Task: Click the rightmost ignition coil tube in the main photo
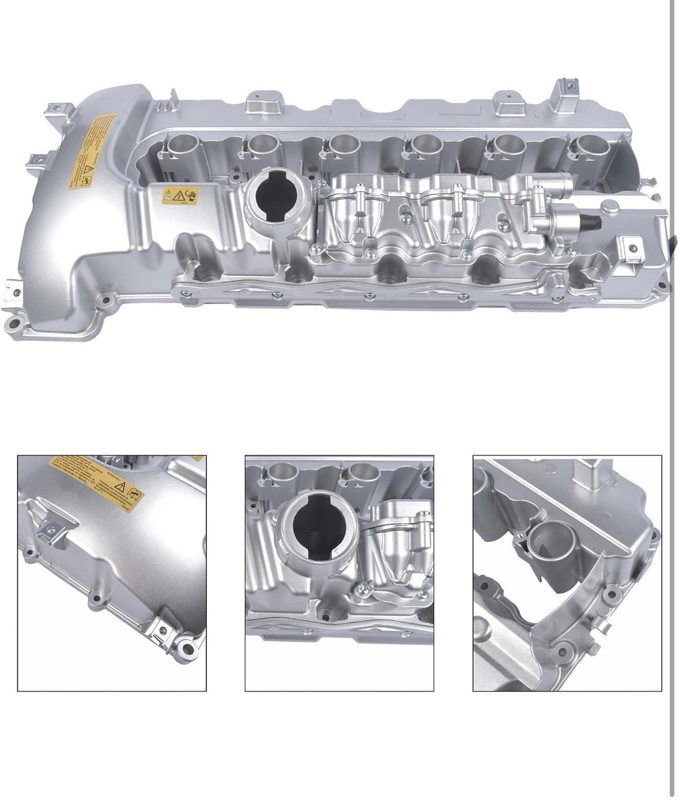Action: (x=585, y=146)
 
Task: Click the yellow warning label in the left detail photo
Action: (x=97, y=483)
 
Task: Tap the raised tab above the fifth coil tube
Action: (x=507, y=102)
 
